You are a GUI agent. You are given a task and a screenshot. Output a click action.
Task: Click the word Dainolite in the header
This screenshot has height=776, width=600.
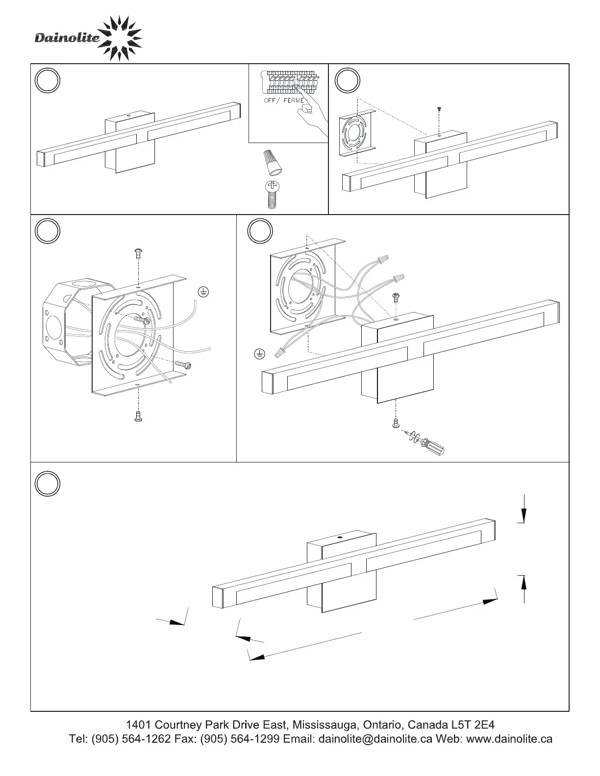pyautogui.click(x=67, y=38)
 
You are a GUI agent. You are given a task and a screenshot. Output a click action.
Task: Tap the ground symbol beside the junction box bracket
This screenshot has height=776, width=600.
pyautogui.click(x=203, y=292)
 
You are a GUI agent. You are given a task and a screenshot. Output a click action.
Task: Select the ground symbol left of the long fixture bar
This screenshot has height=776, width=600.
pyautogui.click(x=260, y=353)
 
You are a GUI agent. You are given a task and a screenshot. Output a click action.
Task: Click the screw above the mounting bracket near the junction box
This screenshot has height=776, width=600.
pyautogui.click(x=138, y=253)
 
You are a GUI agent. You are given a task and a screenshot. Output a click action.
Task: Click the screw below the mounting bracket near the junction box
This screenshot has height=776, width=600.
pyautogui.click(x=138, y=416)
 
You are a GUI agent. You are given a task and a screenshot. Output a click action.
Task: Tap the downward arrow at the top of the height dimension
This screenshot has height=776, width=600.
pyautogui.click(x=524, y=514)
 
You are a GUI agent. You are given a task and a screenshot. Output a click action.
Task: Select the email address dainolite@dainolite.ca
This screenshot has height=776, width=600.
pyautogui.click(x=375, y=739)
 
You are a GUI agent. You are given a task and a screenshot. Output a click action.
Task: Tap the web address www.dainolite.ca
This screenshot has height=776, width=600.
pyautogui.click(x=509, y=739)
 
